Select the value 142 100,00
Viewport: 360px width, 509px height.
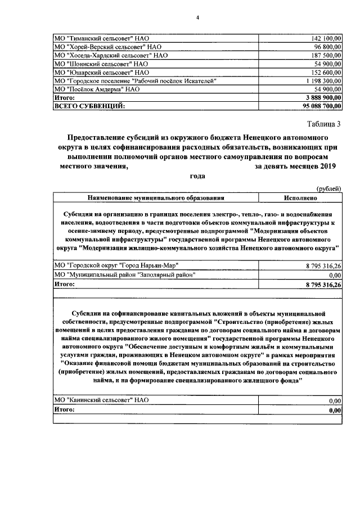[x=326, y=38]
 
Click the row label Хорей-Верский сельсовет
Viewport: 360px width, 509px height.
[x=107, y=47]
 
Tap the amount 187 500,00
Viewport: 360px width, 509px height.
[x=326, y=56]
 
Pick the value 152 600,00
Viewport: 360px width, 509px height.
[x=326, y=73]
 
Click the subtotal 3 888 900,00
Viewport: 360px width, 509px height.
[x=322, y=97]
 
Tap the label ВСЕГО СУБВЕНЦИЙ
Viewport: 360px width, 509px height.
[x=89, y=106]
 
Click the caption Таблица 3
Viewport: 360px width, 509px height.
[x=323, y=124]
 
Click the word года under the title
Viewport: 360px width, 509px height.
[x=197, y=176]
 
